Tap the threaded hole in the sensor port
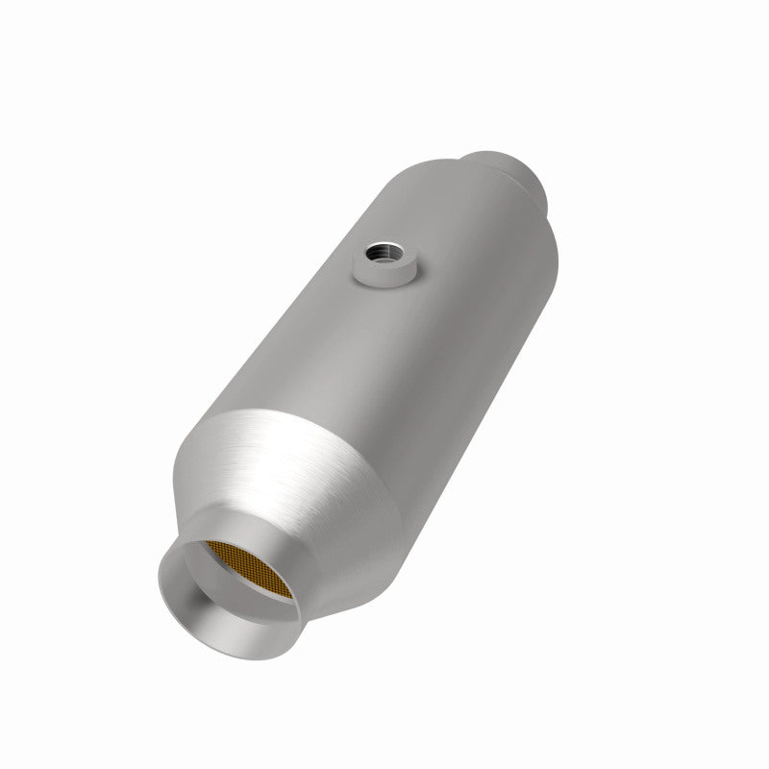[x=385, y=258]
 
